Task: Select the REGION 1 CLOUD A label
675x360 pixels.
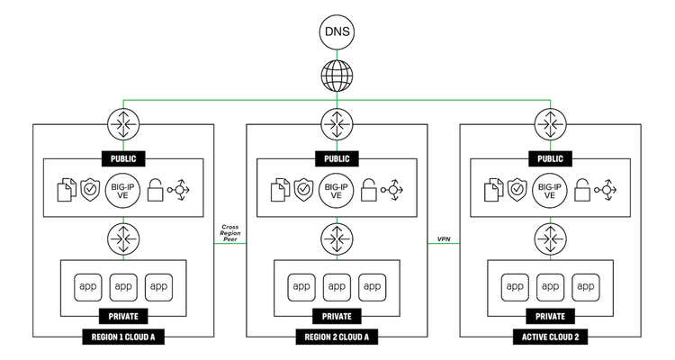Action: click(x=123, y=338)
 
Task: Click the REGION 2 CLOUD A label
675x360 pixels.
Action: click(x=337, y=338)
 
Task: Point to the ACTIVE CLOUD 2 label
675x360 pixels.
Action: click(x=550, y=338)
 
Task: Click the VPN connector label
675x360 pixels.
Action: click(x=444, y=239)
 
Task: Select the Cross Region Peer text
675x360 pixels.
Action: click(x=230, y=231)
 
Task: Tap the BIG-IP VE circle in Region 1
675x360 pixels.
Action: click(x=123, y=190)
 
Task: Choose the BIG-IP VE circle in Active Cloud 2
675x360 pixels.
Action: click(x=550, y=190)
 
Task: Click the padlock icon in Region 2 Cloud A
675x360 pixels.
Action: click(x=368, y=190)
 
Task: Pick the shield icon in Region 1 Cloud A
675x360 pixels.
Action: click(x=90, y=190)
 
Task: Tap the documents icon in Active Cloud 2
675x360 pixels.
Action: click(x=492, y=190)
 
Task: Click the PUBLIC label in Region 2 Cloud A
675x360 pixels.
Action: click(x=337, y=158)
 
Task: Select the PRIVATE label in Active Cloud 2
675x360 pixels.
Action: click(x=550, y=317)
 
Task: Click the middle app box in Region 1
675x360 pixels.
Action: click(x=123, y=287)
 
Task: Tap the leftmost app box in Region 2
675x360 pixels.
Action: click(x=301, y=287)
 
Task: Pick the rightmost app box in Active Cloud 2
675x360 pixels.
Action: click(x=585, y=287)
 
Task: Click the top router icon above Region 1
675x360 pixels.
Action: click(x=123, y=124)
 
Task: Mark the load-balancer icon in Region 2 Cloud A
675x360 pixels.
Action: click(x=393, y=190)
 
